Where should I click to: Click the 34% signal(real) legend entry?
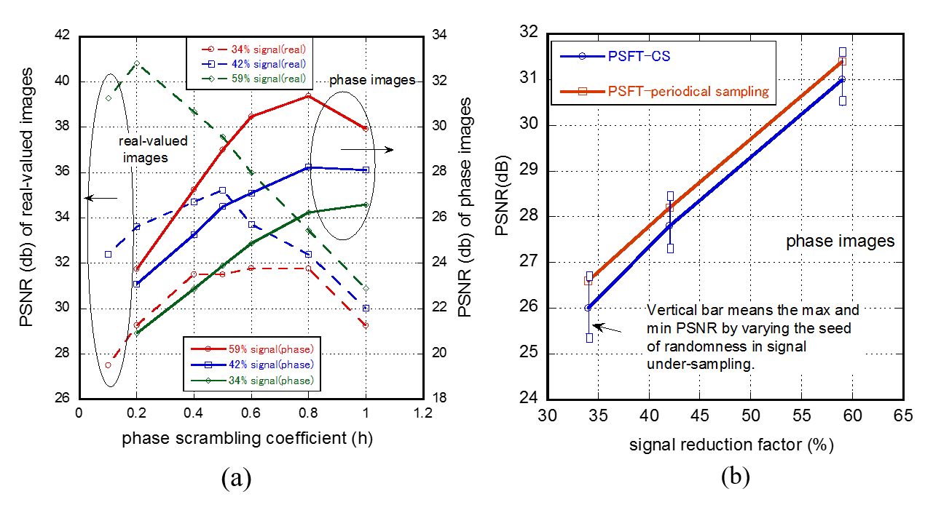pos(253,49)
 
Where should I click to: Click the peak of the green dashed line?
pos(136,64)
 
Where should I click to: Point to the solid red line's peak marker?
pos(308,95)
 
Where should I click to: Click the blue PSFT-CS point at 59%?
pos(841,79)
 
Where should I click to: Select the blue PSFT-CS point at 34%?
pos(588,308)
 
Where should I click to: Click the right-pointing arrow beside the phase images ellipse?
pos(367,150)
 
